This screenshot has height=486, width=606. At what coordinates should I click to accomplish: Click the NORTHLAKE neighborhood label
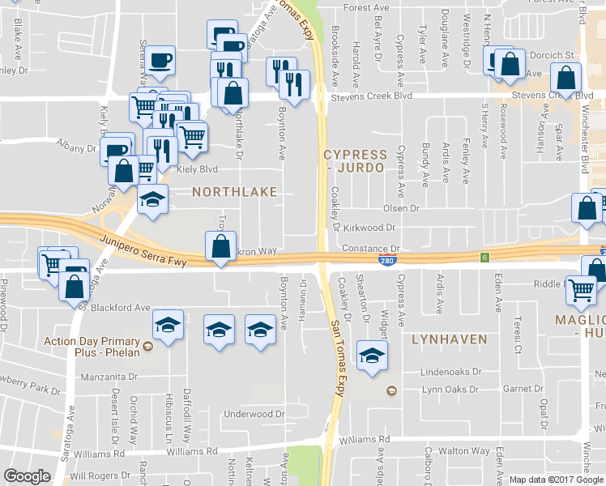(x=234, y=192)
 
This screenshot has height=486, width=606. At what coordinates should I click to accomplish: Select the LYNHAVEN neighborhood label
(x=449, y=339)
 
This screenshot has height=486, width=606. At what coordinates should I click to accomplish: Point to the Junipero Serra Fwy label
(x=144, y=250)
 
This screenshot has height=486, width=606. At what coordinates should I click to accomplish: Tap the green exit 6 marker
(x=484, y=258)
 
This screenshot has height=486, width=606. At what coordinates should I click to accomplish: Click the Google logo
(x=27, y=476)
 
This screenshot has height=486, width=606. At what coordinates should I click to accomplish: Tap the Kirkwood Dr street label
(x=373, y=229)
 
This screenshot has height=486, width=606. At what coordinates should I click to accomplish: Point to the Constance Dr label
(x=372, y=249)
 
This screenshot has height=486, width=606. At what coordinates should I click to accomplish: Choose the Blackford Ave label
(x=121, y=308)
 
